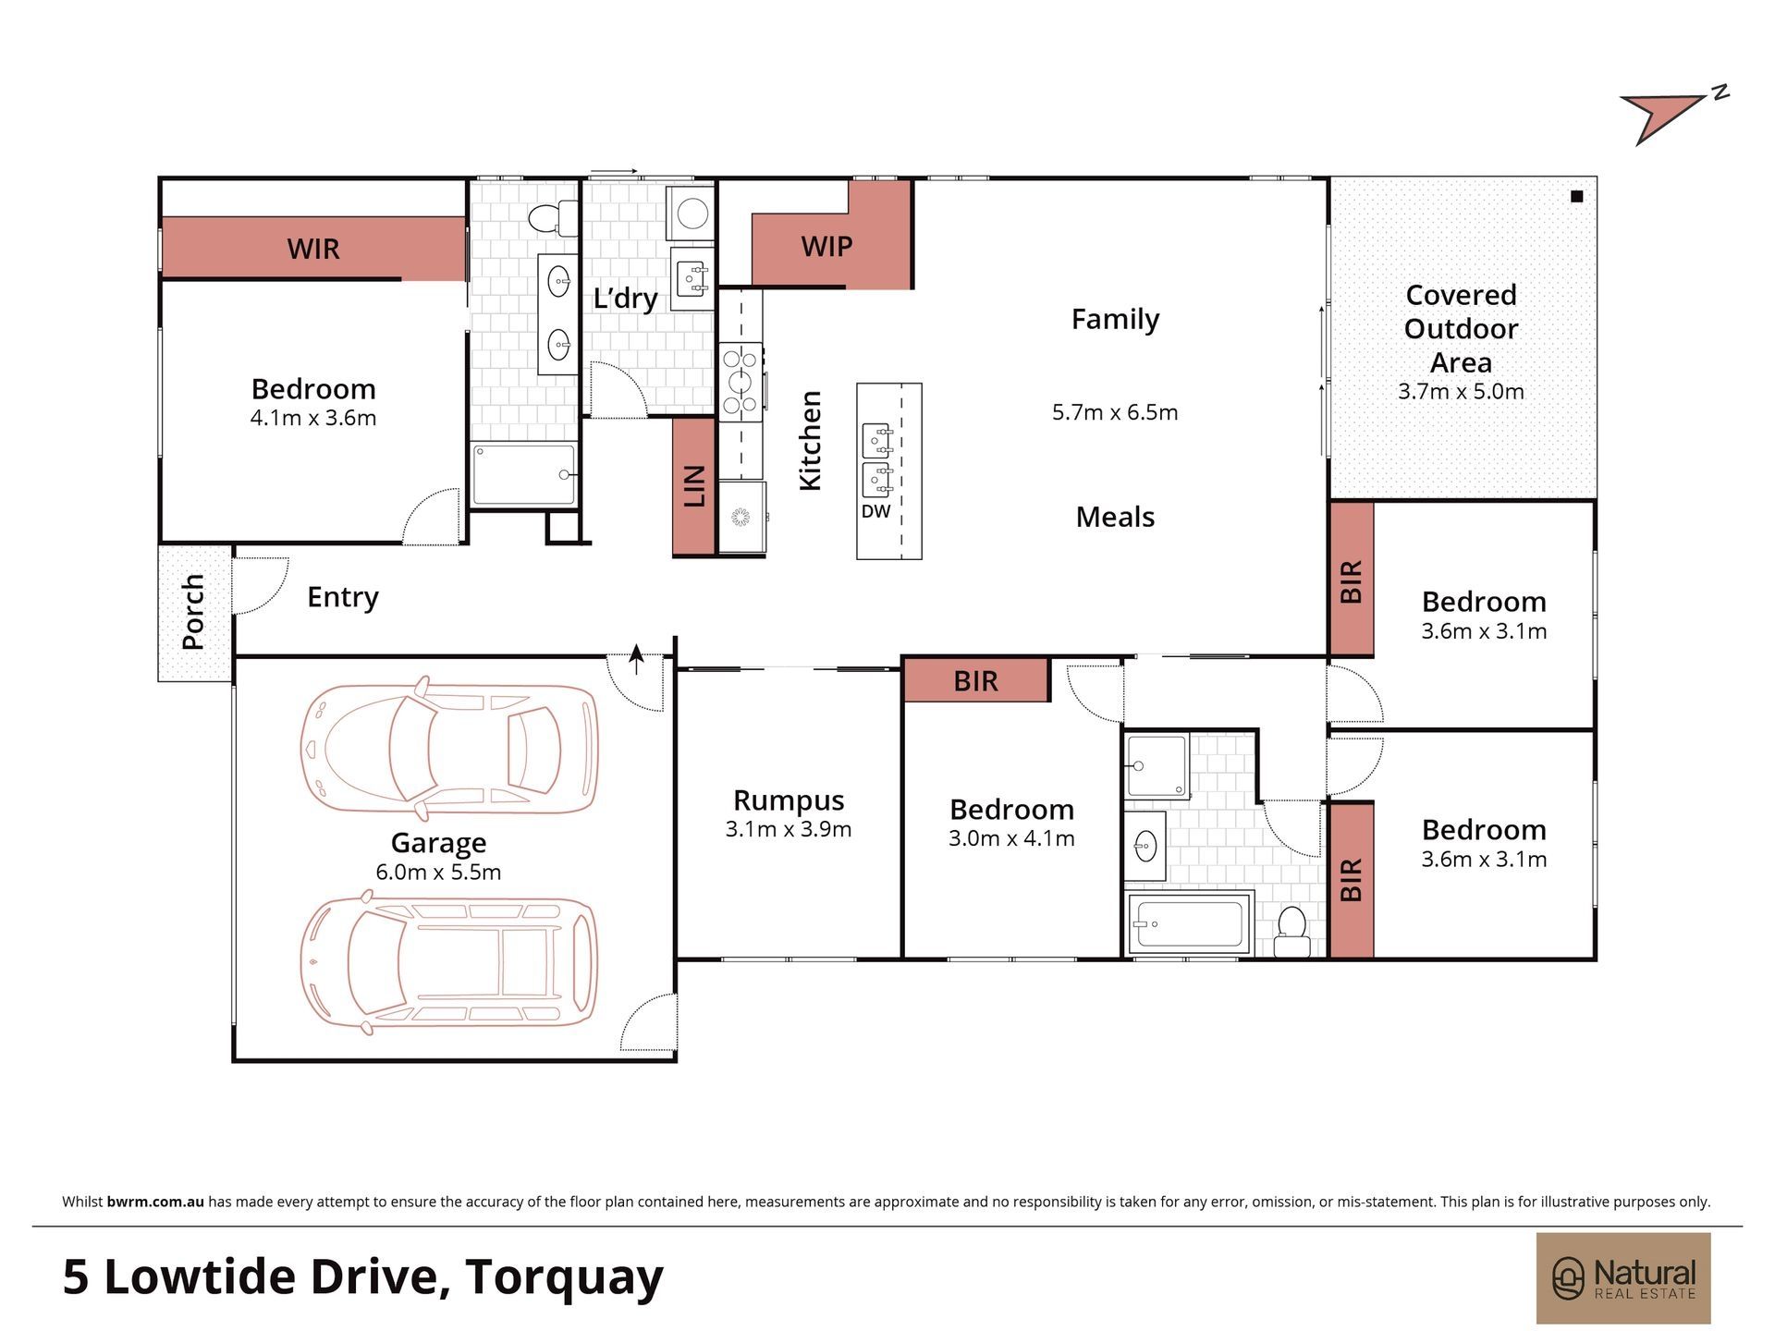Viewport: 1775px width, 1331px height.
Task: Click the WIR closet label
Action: tap(313, 249)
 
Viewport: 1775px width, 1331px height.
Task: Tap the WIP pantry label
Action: tap(826, 247)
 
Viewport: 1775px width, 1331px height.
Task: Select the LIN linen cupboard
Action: tap(693, 486)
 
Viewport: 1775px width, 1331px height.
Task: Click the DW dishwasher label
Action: tap(875, 511)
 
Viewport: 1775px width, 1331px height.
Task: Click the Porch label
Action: tap(193, 612)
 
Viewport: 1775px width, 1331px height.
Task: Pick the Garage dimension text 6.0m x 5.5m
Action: tap(438, 872)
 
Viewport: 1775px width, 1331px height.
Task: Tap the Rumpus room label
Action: tap(789, 800)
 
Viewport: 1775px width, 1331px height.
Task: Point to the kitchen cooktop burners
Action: tap(741, 382)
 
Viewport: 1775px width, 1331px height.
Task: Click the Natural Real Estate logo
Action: tap(1623, 1278)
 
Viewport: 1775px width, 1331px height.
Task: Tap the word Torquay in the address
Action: tap(564, 1278)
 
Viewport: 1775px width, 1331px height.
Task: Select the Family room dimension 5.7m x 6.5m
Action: tap(1115, 412)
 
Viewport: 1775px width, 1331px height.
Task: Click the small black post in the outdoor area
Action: tap(1577, 196)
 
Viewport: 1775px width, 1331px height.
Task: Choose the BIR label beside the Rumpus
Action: tap(975, 681)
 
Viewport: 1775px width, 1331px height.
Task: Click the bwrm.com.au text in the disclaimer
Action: tap(155, 1202)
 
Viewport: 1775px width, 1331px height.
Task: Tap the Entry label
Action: tap(343, 597)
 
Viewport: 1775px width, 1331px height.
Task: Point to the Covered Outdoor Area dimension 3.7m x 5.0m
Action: tap(1461, 391)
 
